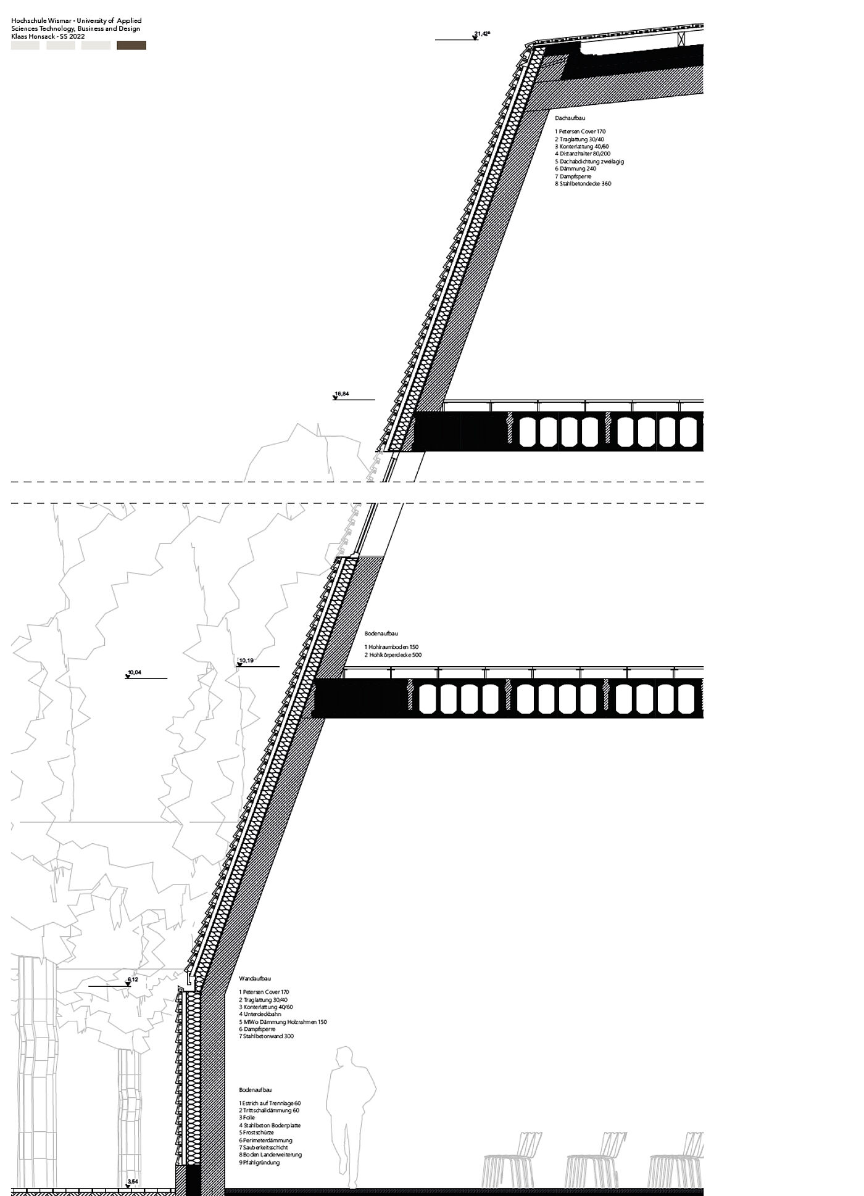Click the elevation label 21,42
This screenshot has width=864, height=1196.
tap(481, 34)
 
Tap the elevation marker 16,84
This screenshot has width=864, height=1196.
tap(341, 394)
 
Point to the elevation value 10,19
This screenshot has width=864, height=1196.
tap(246, 661)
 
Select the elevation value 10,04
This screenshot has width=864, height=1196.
tap(134, 672)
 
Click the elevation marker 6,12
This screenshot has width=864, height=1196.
tap(133, 979)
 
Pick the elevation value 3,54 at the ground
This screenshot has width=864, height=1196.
tap(132, 1182)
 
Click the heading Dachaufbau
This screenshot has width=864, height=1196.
tap(570, 118)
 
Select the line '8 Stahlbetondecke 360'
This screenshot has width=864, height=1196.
tap(583, 184)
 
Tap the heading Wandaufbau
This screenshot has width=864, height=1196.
tap(254, 979)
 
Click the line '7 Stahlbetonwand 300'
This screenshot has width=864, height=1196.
tap(266, 1036)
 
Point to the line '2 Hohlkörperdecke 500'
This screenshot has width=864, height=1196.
tap(393, 655)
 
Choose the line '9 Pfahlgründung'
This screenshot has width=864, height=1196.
tap(259, 1163)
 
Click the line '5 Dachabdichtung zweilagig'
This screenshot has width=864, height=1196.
tap(589, 162)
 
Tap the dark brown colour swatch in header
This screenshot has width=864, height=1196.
tap(131, 46)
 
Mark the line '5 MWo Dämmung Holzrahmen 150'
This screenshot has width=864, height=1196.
tap(283, 1022)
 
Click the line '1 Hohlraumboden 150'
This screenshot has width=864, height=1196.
tap(391, 647)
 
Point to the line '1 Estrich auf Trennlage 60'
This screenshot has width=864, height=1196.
tap(270, 1103)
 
